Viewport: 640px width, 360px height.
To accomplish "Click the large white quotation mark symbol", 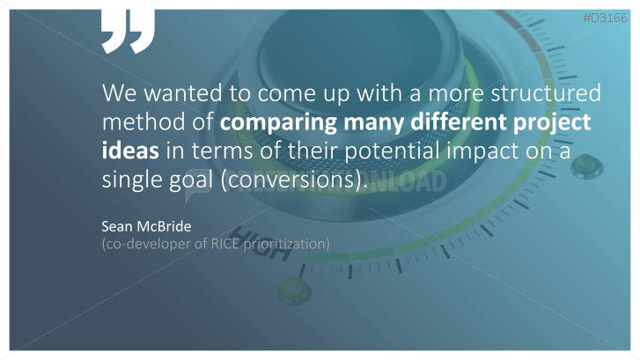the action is click(x=129, y=32).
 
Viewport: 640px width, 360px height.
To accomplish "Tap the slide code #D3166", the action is click(x=605, y=18).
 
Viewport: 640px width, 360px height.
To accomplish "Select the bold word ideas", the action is click(x=130, y=151).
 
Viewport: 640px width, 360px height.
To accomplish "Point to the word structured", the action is click(x=546, y=92).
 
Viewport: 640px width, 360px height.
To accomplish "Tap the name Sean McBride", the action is click(x=146, y=226).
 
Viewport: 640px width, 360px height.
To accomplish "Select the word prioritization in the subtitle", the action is click(x=286, y=244).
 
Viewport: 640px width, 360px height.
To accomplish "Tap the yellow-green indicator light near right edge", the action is click(x=586, y=165).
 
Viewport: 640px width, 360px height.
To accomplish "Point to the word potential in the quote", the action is click(x=393, y=151).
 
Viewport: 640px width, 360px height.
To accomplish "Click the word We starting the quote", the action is click(x=119, y=92).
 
